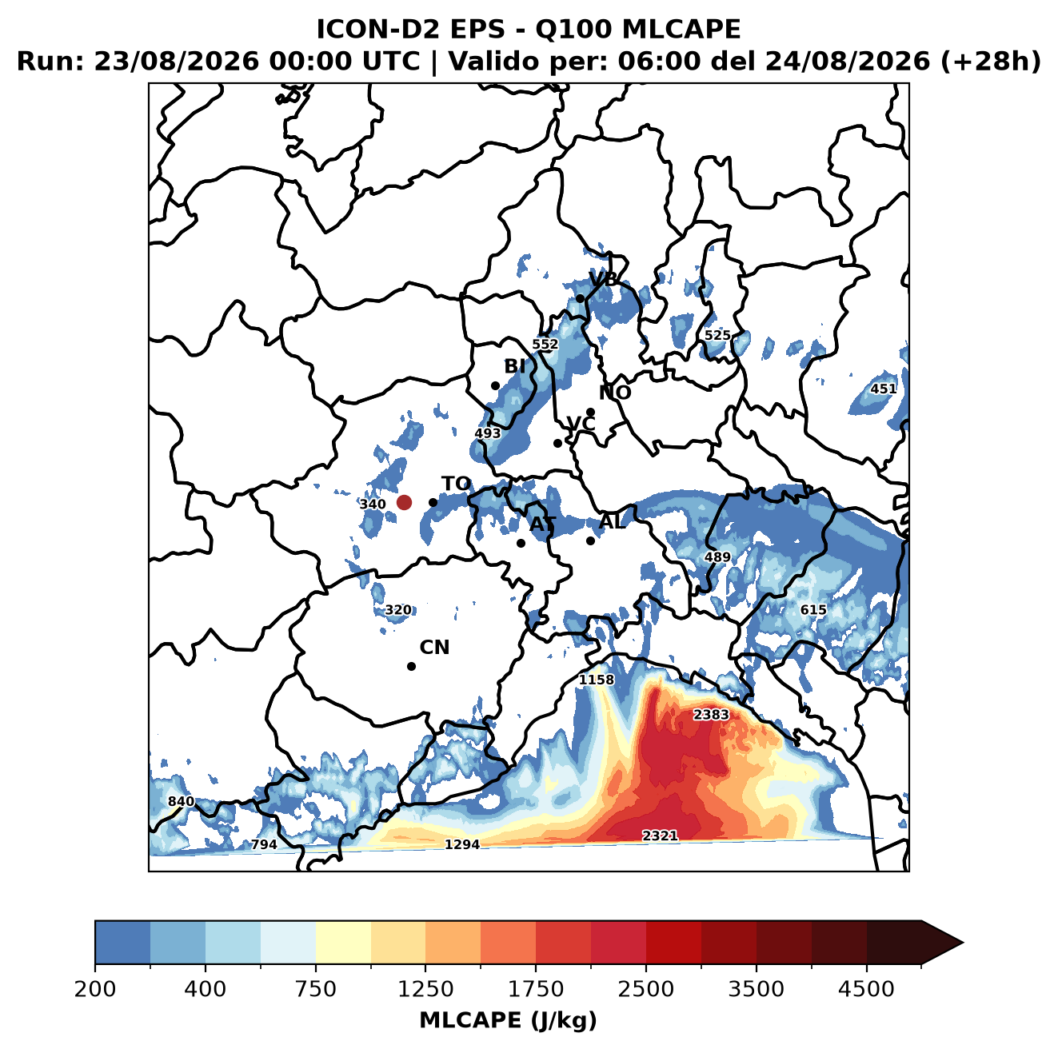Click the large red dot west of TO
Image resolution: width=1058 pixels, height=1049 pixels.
tap(404, 502)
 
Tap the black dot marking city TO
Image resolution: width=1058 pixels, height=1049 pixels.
tap(433, 502)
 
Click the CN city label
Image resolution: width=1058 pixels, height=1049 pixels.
tap(434, 648)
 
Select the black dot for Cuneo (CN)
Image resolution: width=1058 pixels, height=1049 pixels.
tap(411, 666)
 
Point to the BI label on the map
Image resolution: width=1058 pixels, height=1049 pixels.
tap(514, 366)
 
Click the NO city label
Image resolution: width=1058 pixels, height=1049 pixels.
tap(614, 393)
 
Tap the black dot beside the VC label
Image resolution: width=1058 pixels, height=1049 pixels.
tap(557, 443)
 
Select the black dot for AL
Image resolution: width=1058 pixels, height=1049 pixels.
tap(590, 540)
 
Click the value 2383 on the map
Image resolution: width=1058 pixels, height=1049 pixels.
tap(711, 715)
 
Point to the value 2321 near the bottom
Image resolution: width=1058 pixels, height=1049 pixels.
tap(660, 836)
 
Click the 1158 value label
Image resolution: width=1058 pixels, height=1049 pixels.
tap(597, 680)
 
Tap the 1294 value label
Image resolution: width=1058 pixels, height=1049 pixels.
tap(461, 844)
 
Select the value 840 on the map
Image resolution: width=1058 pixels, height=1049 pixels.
tap(182, 801)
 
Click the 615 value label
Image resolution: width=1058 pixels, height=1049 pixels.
tap(813, 610)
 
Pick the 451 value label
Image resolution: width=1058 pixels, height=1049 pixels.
tap(884, 389)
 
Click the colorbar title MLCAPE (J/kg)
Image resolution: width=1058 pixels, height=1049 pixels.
tap(508, 1020)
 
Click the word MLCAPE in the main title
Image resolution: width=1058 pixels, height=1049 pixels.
tap(681, 29)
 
